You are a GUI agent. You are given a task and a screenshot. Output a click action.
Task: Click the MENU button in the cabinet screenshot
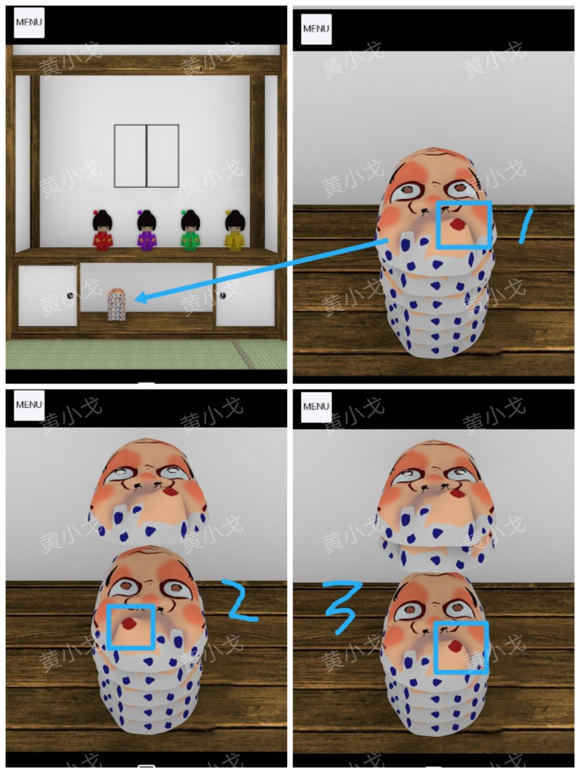29,23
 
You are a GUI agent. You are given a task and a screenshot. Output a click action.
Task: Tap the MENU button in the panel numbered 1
316,29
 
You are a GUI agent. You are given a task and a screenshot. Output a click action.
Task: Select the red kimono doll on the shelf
103,230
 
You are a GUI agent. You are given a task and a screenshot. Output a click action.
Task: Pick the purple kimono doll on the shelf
147,230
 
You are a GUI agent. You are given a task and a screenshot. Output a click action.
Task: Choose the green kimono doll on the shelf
191,230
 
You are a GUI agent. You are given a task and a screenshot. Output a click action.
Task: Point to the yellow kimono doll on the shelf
235,230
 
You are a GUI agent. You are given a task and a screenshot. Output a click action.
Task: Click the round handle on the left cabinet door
71,295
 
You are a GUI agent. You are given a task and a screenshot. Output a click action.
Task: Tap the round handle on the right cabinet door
223,295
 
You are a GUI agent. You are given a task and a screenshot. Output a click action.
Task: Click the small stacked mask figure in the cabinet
117,304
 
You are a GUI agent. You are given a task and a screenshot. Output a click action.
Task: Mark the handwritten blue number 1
525,225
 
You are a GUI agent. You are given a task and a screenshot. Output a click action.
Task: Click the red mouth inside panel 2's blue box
129,623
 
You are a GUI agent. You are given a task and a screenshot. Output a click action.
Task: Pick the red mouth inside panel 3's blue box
456,646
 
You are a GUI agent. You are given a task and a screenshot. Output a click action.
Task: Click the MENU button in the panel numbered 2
29,405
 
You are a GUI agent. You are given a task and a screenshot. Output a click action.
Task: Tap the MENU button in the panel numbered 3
316,407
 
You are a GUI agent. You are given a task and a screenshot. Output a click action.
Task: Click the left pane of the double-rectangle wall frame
130,156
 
